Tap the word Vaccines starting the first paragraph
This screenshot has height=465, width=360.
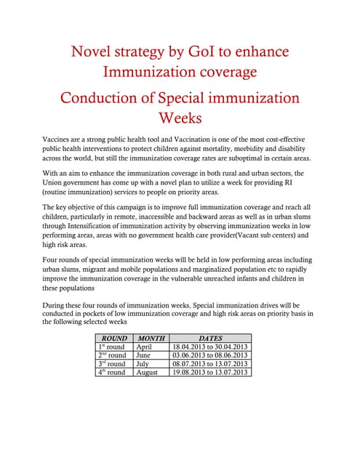click(59, 139)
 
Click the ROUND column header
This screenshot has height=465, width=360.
click(114, 338)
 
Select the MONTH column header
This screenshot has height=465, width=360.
click(151, 338)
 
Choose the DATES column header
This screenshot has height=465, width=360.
click(210, 338)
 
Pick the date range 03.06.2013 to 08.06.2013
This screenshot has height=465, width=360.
click(210, 355)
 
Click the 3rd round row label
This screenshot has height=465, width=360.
click(112, 363)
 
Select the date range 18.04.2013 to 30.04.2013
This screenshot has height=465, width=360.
click(210, 347)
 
